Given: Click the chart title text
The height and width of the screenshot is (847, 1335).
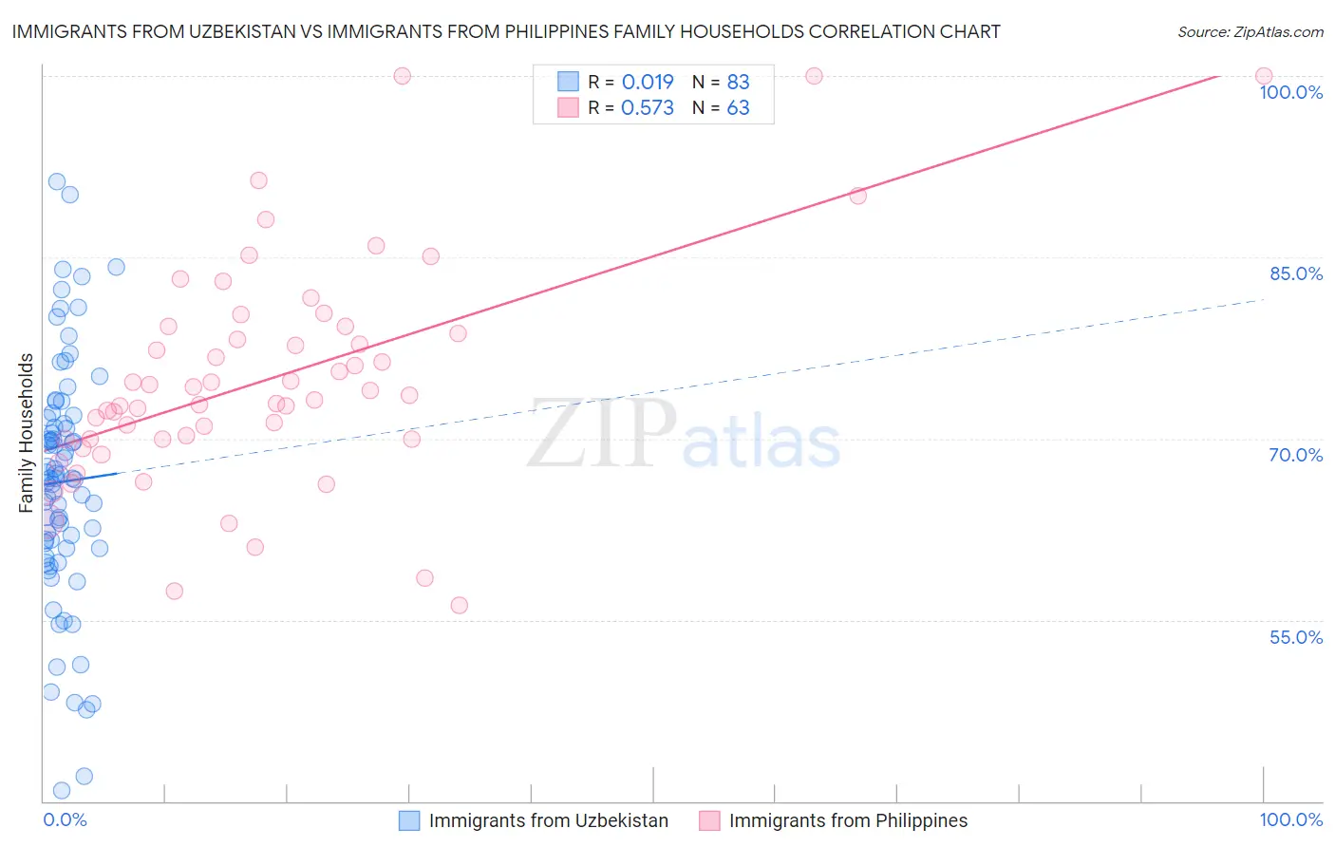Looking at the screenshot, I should point(504,31).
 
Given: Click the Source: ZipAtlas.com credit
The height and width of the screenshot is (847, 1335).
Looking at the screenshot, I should point(1250,31).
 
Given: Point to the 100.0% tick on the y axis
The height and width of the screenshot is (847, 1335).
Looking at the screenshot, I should point(1290,92).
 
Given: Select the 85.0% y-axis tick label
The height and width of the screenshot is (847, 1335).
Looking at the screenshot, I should point(1296,273).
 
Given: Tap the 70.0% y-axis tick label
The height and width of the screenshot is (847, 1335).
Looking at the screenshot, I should point(1296,455).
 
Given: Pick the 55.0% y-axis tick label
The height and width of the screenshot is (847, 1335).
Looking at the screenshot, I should point(1296,637).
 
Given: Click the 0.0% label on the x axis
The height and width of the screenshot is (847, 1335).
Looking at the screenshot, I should point(65,819).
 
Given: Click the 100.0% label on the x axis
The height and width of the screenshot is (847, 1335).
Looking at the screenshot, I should point(1290,819).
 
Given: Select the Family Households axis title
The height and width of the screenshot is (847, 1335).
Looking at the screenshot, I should point(27,433).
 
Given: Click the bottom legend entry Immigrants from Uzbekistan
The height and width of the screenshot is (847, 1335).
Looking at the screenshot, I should point(548,820).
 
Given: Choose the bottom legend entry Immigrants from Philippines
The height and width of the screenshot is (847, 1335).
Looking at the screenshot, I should point(848,820).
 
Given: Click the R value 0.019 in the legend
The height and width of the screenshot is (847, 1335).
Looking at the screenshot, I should point(648,82).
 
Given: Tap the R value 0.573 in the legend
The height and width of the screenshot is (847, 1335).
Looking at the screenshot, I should point(648,107).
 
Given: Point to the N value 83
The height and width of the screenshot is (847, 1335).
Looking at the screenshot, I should point(738,82).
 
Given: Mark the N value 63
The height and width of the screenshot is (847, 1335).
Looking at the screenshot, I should point(738,107).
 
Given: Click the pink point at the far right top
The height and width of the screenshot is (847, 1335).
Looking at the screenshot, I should point(1264,76).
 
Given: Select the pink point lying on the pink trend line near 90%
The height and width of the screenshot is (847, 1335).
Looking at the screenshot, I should point(858,196).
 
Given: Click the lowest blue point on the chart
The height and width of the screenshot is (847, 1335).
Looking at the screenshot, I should point(62,790).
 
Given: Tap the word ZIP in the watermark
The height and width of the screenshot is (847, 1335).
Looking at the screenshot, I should point(602,434).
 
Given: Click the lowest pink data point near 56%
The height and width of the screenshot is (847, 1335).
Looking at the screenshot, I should point(460,605).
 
